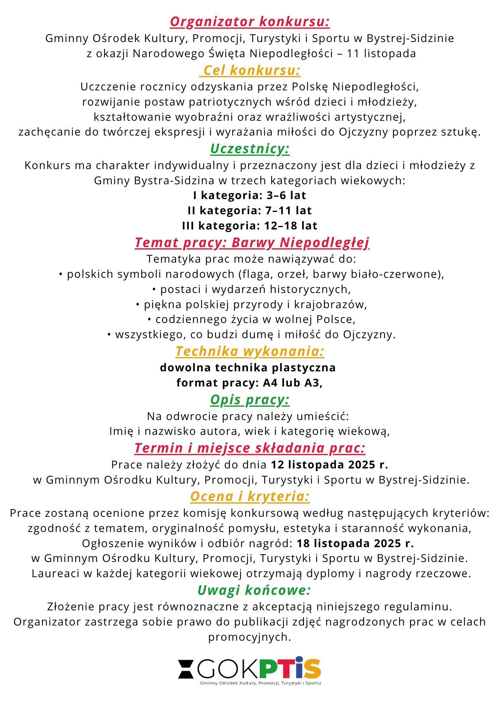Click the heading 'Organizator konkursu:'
click(249, 22)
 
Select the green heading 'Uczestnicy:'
click(250, 149)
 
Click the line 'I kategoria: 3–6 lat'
click(249, 195)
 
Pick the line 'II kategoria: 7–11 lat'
click(249, 210)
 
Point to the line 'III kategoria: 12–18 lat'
click(249, 226)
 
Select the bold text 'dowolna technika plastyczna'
click(248, 367)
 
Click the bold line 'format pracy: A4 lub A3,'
click(249, 383)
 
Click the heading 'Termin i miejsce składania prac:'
click(250, 448)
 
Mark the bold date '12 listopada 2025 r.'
click(329, 465)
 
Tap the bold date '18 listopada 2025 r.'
click(355, 543)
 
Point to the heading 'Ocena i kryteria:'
click(250, 496)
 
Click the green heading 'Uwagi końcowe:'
click(254, 590)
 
